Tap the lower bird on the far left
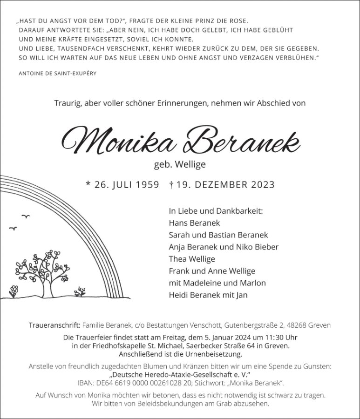13,228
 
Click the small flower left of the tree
14,291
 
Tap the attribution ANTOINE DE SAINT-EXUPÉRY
58,74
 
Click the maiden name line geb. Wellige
180,164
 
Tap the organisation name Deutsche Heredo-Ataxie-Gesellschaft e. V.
180,375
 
